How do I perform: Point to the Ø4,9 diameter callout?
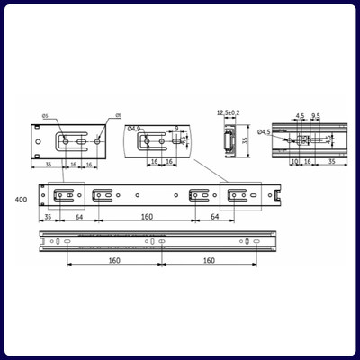coord(135,129)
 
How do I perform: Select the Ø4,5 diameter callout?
coord(264,133)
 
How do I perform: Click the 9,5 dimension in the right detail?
coord(316,116)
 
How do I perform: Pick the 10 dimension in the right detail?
coord(294,162)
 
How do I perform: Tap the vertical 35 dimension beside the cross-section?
coord(248,140)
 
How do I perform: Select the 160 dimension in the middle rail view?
coord(146,216)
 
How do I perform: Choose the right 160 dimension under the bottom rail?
coord(209,261)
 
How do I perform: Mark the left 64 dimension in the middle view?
coord(79,216)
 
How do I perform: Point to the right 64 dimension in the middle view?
coord(214,216)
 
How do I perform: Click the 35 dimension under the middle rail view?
coord(49,216)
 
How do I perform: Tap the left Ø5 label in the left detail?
coord(46,115)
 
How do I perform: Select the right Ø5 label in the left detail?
coord(117,115)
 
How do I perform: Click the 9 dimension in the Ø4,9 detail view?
coord(176,129)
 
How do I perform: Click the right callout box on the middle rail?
coord(241,194)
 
